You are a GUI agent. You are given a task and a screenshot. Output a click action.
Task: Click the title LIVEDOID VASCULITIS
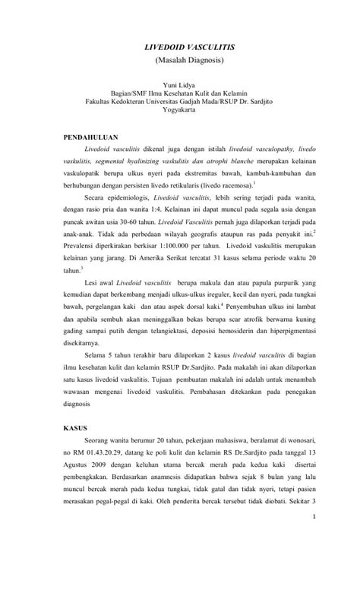pos(180,47)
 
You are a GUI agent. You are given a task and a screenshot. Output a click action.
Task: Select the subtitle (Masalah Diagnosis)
pos(180,59)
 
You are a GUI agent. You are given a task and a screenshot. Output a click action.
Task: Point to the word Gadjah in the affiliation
pos(194,100)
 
